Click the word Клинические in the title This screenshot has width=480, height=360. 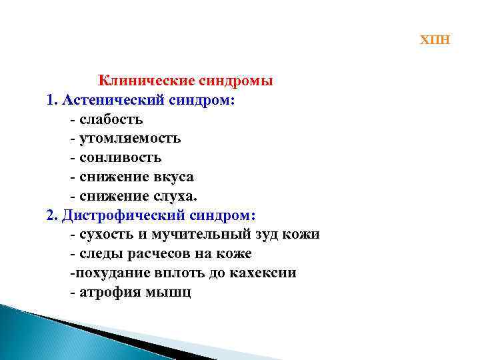point(145,81)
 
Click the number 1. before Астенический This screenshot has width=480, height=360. point(53,101)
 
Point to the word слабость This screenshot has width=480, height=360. point(111,120)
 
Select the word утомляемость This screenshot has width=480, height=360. point(129,139)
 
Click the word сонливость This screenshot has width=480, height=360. point(120,158)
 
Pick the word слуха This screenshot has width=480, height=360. point(174,197)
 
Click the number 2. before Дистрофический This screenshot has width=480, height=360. point(53,216)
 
